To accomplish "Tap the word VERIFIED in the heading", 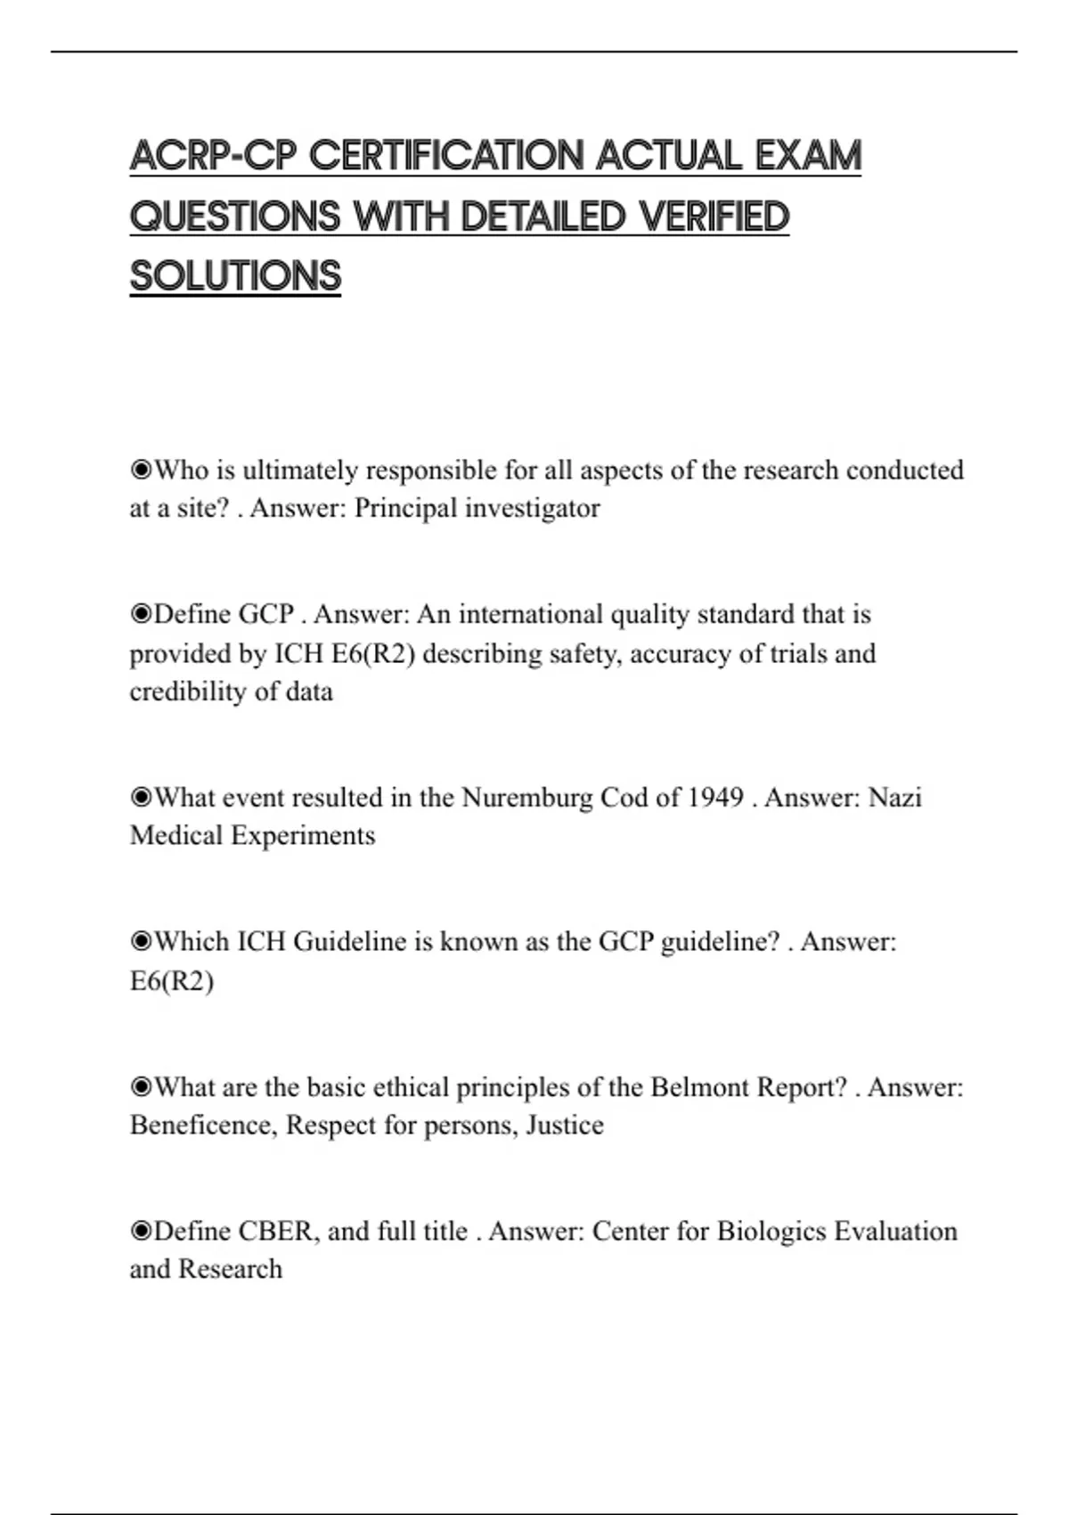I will click(x=714, y=217).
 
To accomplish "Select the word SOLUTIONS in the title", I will click(x=235, y=276).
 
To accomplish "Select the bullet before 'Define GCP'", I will click(x=141, y=615).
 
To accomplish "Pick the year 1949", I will click(x=716, y=798).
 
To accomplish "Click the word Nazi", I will click(x=894, y=798).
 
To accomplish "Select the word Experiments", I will click(x=303, y=836).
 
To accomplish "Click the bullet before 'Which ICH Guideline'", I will click(x=141, y=942).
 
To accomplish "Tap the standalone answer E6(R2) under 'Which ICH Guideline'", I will click(x=172, y=981).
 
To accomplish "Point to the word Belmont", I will click(x=699, y=1088).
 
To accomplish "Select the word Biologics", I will click(x=771, y=1232).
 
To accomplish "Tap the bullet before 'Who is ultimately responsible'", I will click(x=141, y=471).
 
